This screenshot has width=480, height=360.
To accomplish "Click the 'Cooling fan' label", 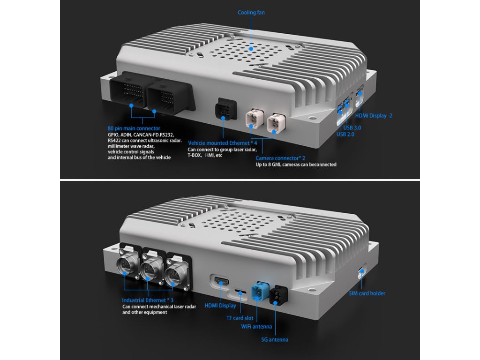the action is [x=251, y=13].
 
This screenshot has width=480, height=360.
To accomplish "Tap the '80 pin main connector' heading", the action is [x=134, y=128].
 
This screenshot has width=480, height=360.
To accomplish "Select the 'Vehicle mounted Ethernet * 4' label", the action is [x=223, y=143].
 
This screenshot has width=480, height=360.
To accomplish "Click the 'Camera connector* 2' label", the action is [x=280, y=158].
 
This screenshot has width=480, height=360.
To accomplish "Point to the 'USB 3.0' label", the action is [x=352, y=127].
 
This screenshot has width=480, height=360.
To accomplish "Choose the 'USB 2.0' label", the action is [x=345, y=134].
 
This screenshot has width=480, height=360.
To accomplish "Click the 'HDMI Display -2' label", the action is [x=374, y=116].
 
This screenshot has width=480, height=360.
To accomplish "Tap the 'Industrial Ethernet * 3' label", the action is [x=148, y=300].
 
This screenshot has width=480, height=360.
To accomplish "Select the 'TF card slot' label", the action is [x=240, y=318].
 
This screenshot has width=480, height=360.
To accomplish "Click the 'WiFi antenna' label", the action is [x=256, y=327].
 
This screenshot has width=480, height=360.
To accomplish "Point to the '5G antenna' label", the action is [x=275, y=339].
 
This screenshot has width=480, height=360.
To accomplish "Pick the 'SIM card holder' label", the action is [x=367, y=293].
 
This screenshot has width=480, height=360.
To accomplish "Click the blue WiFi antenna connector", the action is [x=260, y=291].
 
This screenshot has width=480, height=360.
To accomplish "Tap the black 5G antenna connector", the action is [x=279, y=295].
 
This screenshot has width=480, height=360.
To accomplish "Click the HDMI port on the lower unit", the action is [x=221, y=281].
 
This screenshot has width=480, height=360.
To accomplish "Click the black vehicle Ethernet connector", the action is [x=225, y=109].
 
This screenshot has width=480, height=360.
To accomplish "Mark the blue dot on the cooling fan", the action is [x=251, y=48].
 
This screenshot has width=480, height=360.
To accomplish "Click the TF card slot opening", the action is [x=240, y=291].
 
